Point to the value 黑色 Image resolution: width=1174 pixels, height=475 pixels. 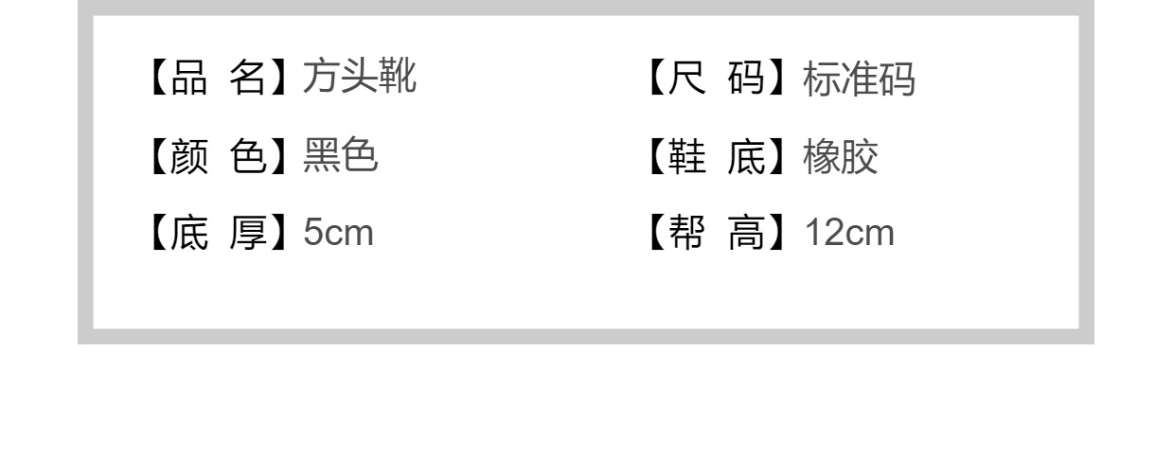(x=341, y=157)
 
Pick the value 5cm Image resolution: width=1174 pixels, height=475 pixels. (x=339, y=233)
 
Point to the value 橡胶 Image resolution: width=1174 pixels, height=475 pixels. (x=841, y=157)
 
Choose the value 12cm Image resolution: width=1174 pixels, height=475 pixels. (x=849, y=233)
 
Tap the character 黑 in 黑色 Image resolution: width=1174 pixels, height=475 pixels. (x=322, y=157)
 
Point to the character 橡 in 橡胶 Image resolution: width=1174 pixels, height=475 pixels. (x=822, y=157)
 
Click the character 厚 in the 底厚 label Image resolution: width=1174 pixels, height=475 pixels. (x=249, y=233)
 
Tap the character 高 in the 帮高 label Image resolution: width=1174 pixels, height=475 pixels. (x=749, y=233)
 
